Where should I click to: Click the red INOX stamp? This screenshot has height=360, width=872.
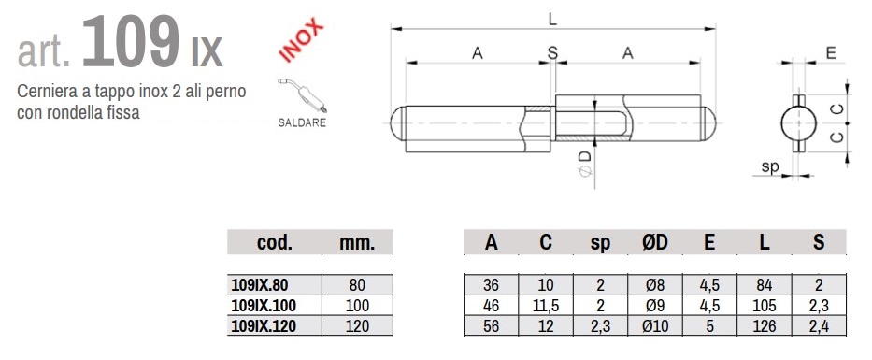[x=302, y=40]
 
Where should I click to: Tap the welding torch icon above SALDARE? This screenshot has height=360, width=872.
[x=302, y=95]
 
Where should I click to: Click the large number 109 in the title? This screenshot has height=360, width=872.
[x=131, y=42]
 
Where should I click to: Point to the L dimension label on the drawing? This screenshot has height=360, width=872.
[x=551, y=20]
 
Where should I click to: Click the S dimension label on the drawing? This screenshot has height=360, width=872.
[x=552, y=53]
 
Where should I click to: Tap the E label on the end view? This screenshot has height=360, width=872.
[x=831, y=53]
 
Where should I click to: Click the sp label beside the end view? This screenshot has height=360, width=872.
[x=770, y=166]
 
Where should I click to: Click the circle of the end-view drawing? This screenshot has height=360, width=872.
[x=798, y=123]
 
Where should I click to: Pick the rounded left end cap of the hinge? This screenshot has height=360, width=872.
[x=397, y=123]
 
